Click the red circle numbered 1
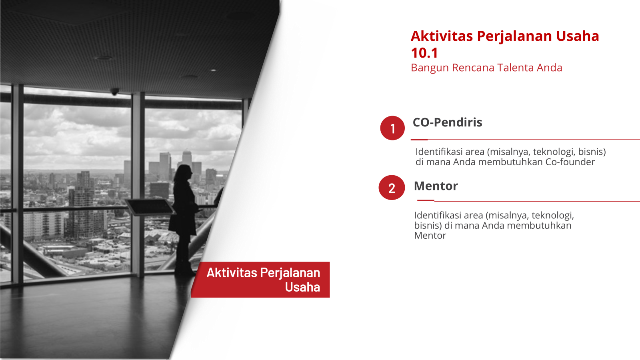tap(392, 128)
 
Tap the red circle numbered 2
tap(392, 188)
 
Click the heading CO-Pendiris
tap(448, 122)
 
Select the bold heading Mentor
tap(436, 186)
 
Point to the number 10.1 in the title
tap(424, 53)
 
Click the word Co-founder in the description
tap(570, 162)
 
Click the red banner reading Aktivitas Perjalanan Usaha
tap(260, 280)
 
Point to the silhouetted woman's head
tap(183, 172)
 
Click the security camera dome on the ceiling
tap(114, 92)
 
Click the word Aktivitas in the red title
tap(442, 36)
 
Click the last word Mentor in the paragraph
tap(430, 236)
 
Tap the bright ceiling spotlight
tap(214, 70)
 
